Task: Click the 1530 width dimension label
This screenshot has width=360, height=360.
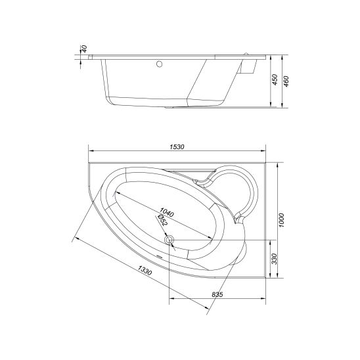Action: tap(177, 146)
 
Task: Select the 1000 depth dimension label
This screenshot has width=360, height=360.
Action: tap(282, 220)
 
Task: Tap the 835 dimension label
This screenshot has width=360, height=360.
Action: tap(217, 294)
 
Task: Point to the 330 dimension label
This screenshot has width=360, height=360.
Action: tap(275, 259)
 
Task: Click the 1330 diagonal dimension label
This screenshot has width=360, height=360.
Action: tap(145, 270)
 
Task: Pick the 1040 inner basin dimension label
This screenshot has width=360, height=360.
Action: tap(167, 212)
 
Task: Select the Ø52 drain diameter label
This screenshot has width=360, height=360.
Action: tap(162, 220)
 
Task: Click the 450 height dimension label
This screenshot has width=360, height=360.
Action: tap(275, 79)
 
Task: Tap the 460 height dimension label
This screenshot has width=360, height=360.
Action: tap(286, 81)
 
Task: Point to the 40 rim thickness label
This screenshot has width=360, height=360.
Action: tap(85, 49)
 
